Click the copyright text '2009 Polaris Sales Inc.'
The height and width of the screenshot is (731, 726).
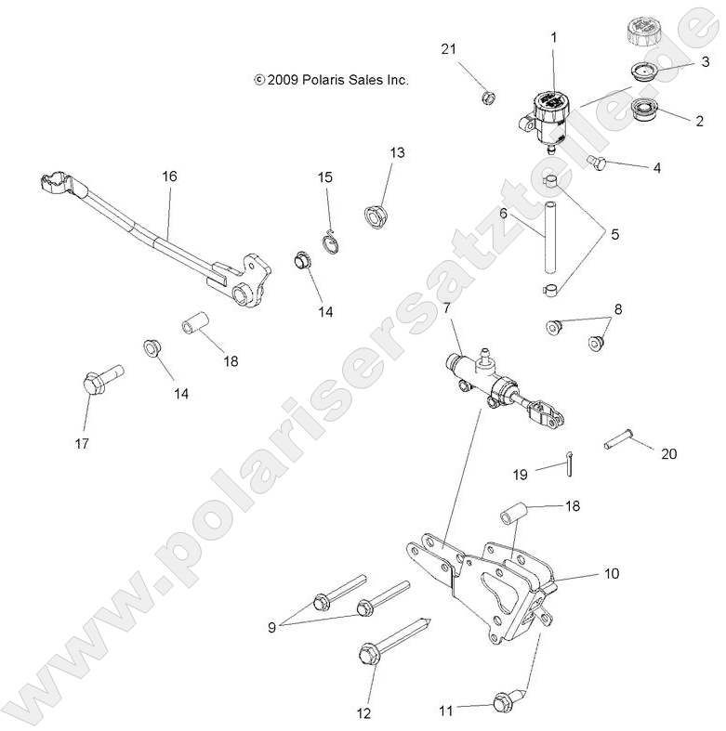pyautogui.click(x=331, y=81)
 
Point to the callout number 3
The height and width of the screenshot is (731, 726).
pyautogui.click(x=705, y=61)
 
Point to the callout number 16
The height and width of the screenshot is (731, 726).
pyautogui.click(x=168, y=176)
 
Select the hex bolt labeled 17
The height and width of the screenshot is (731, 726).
pyautogui.click(x=95, y=381)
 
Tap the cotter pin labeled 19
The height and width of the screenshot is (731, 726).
pyautogui.click(x=567, y=461)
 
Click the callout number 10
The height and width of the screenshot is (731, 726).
pyautogui.click(x=612, y=574)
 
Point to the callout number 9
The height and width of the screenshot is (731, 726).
pyautogui.click(x=271, y=627)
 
